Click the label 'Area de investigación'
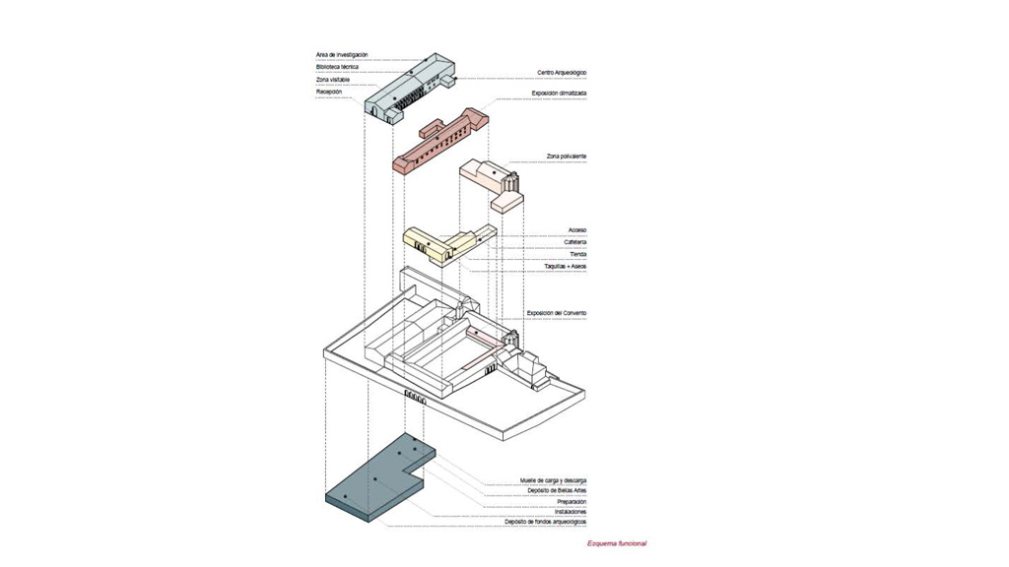click(341, 55)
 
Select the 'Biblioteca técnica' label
click(337, 67)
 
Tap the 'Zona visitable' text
click(333, 80)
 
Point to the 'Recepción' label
click(329, 92)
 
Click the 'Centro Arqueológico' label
click(562, 72)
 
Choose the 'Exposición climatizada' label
click(559, 94)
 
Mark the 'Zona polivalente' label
click(567, 157)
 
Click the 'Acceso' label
click(577, 230)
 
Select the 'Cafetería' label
click(575, 242)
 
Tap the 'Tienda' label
click(578, 254)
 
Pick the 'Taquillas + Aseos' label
click(566, 266)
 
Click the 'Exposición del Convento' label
click(557, 313)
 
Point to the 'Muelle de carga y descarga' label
click(554, 480)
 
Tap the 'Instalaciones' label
click(571, 512)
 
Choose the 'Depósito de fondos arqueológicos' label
click(547, 522)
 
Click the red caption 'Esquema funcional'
click(617, 543)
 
